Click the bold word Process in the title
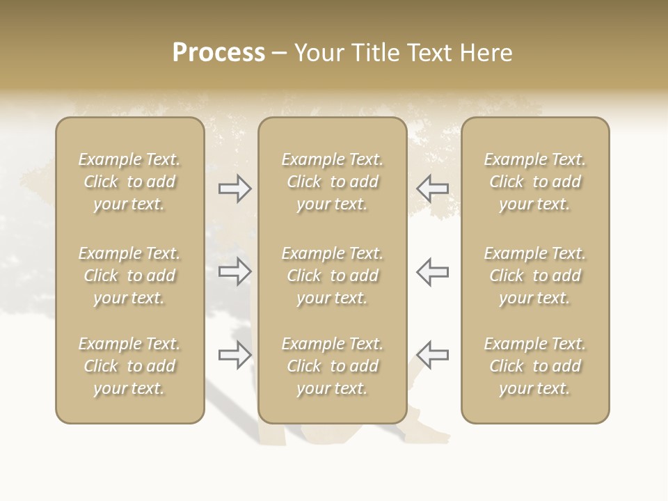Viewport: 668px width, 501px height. click(x=218, y=53)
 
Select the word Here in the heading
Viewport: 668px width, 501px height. click(x=486, y=53)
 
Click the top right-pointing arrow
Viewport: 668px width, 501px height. click(x=234, y=189)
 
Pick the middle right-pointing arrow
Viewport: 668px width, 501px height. click(x=234, y=271)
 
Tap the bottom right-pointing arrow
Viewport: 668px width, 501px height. click(x=234, y=355)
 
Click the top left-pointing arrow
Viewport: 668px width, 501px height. click(x=433, y=189)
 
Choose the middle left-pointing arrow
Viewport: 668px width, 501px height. click(x=433, y=271)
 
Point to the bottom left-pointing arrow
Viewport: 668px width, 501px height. click(x=433, y=355)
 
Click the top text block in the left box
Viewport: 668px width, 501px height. click(x=129, y=182)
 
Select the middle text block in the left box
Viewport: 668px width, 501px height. click(x=129, y=276)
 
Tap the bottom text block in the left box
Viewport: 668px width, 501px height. click(x=129, y=366)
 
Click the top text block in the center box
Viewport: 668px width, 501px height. click(x=332, y=182)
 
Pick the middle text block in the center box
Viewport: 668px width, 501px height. click(x=332, y=276)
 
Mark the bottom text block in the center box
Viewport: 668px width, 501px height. click(x=332, y=366)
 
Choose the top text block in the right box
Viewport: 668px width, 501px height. click(x=535, y=182)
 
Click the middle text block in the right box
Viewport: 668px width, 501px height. click(x=535, y=276)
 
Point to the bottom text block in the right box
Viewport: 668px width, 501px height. click(x=535, y=366)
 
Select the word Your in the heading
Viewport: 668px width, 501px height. click(x=319, y=53)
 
